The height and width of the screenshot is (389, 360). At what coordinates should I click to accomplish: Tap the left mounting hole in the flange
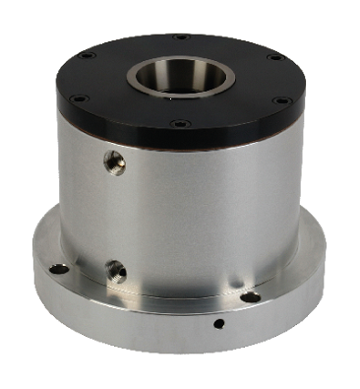(x=59, y=268)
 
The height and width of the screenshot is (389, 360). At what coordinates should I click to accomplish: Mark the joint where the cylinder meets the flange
(x=177, y=294)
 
